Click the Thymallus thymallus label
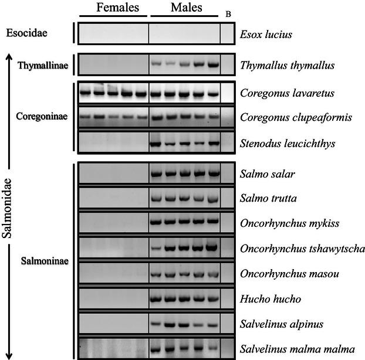coord(287,65)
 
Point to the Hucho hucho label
coord(268,299)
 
